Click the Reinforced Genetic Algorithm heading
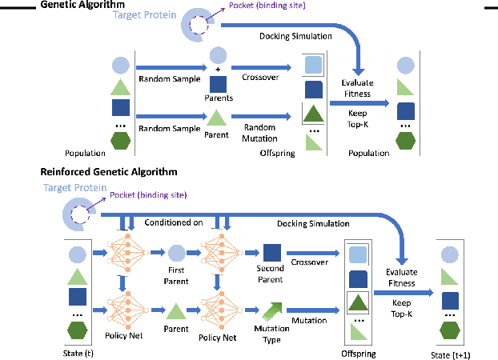click(108, 171)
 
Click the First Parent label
click(176, 276)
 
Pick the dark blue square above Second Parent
click(271, 251)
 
